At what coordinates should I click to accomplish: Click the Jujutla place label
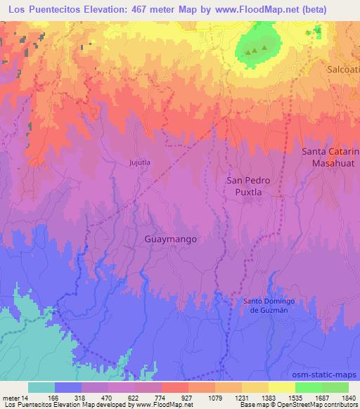pos(141,162)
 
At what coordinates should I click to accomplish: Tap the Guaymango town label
pos(170,239)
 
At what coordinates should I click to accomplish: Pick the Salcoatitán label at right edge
pos(344,70)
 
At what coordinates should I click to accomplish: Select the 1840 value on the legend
pos(348,398)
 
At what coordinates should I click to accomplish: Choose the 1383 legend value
pos(268,398)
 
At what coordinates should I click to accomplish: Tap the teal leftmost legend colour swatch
pos(41,387)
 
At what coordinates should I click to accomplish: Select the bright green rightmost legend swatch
pos(335,387)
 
